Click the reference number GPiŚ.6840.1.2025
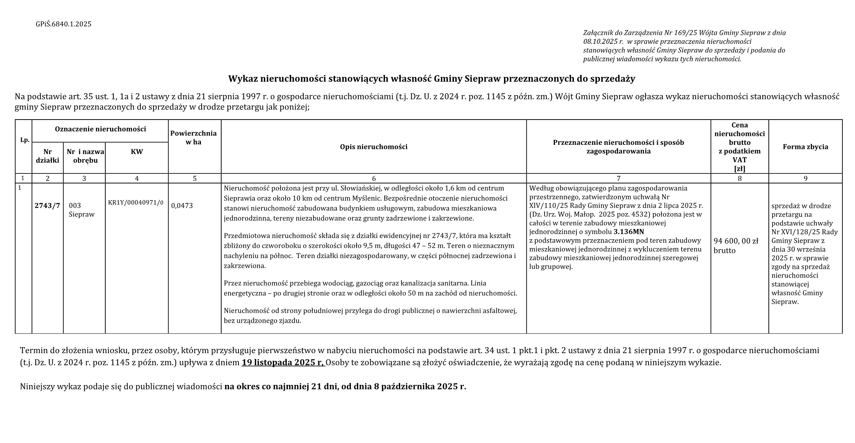click(x=64, y=25)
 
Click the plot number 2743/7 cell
click(x=47, y=205)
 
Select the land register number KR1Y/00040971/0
click(x=136, y=203)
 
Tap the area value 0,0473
click(x=182, y=206)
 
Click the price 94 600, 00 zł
click(x=736, y=241)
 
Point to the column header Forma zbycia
click(x=805, y=147)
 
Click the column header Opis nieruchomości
click(x=374, y=147)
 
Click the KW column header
click(x=137, y=152)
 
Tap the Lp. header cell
click(x=25, y=140)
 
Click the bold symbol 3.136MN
click(x=629, y=232)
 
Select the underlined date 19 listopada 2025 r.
click(x=283, y=363)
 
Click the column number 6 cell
click(x=374, y=179)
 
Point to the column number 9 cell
click(x=805, y=179)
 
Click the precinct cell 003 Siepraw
click(x=81, y=210)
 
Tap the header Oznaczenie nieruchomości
click(x=100, y=129)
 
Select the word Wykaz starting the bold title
click(x=242, y=79)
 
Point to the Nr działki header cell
click(x=48, y=156)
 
